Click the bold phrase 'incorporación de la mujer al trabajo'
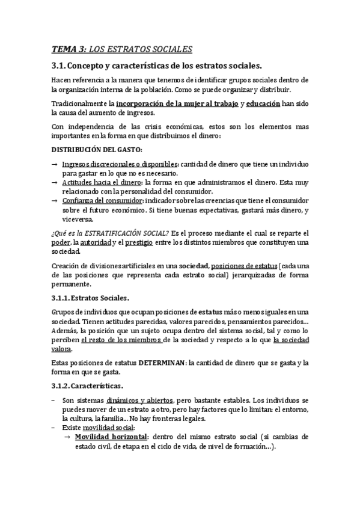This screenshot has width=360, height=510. (177, 103)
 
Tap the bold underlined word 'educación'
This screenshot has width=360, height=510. (263, 103)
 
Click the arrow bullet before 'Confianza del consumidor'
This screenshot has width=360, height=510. (55, 200)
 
